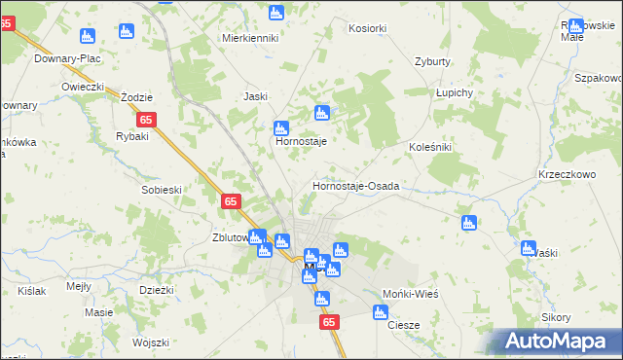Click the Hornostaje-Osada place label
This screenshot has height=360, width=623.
click(x=355, y=186)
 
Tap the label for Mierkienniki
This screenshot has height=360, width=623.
click(x=250, y=39)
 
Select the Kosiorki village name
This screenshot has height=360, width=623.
click(x=367, y=30)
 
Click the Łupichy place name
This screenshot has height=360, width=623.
click(x=454, y=92)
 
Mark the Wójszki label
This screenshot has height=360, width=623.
click(x=151, y=342)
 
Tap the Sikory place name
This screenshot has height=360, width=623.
click(x=556, y=318)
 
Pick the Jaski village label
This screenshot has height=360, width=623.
click(x=255, y=96)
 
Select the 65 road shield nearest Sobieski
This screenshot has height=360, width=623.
click(x=231, y=201)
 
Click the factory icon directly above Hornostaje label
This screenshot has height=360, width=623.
click(x=281, y=127)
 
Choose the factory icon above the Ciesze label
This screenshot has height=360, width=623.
click(x=381, y=312)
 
